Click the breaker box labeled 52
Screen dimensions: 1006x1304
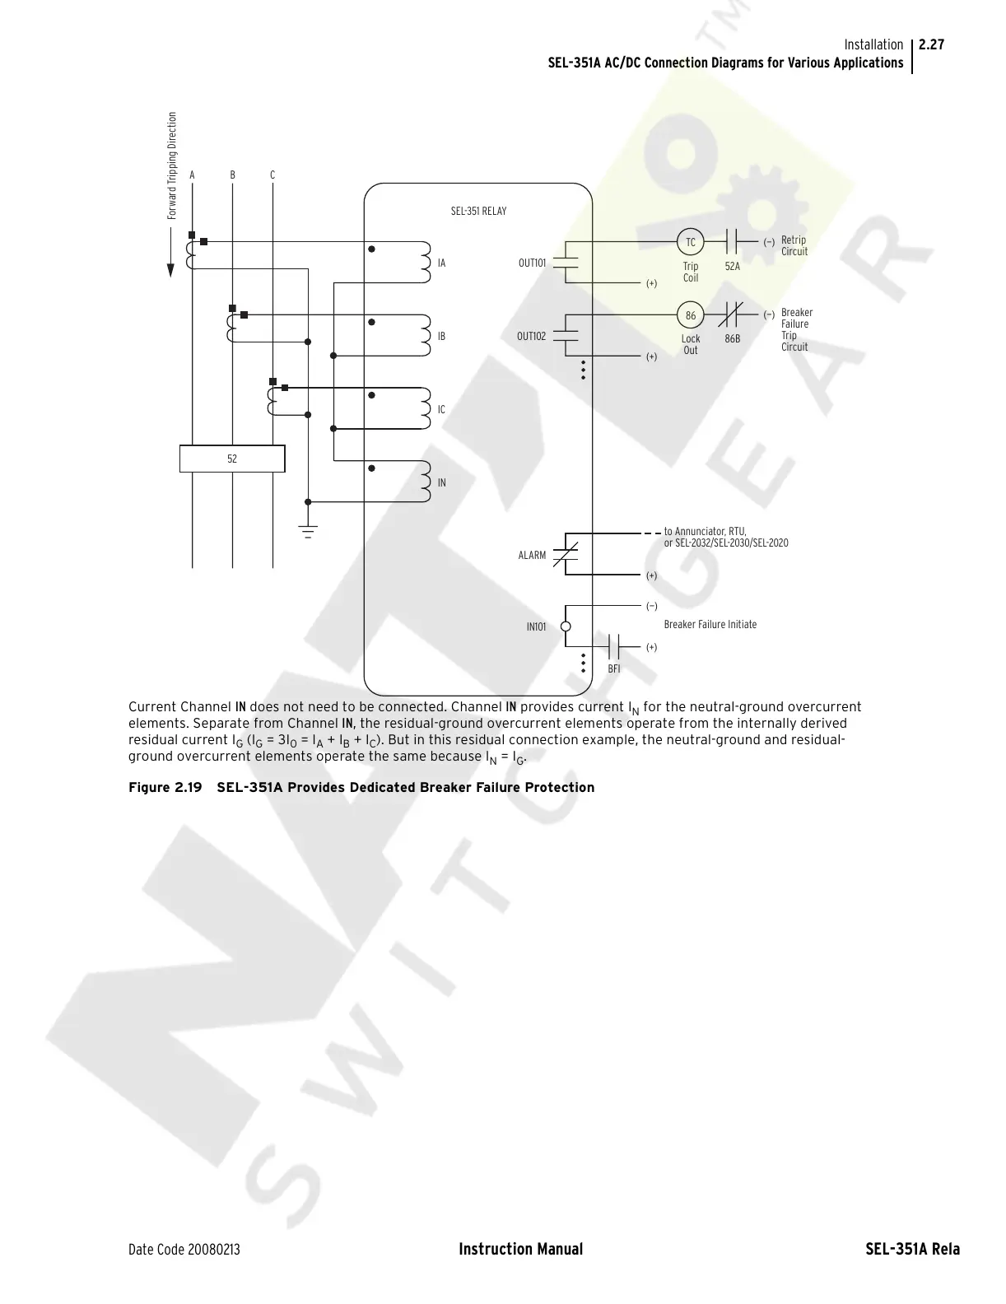pyautogui.click(x=232, y=459)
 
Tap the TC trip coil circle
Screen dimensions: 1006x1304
pyautogui.click(x=691, y=242)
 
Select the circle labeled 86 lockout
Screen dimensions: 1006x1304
pyautogui.click(x=691, y=315)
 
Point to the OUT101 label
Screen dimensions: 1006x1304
pyautogui.click(x=532, y=263)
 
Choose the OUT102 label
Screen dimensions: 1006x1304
pyautogui.click(x=531, y=337)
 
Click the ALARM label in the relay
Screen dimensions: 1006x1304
pyautogui.click(x=532, y=556)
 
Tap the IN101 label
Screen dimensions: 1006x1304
pyautogui.click(x=536, y=627)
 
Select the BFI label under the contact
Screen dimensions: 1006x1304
pyautogui.click(x=614, y=669)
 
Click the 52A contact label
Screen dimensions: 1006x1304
pyautogui.click(x=732, y=267)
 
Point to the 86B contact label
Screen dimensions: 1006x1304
pyautogui.click(x=732, y=339)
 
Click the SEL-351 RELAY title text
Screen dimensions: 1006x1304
pyautogui.click(x=478, y=212)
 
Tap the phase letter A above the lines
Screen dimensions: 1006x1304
pyautogui.click(x=193, y=175)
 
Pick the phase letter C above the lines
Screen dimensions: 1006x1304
pyautogui.click(x=272, y=175)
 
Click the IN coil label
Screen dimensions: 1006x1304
pyautogui.click(x=442, y=483)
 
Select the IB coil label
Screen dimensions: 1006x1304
pyautogui.click(x=442, y=337)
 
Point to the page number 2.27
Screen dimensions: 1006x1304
pyautogui.click(x=931, y=45)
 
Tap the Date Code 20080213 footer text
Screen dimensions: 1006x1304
pyautogui.click(x=184, y=1250)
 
